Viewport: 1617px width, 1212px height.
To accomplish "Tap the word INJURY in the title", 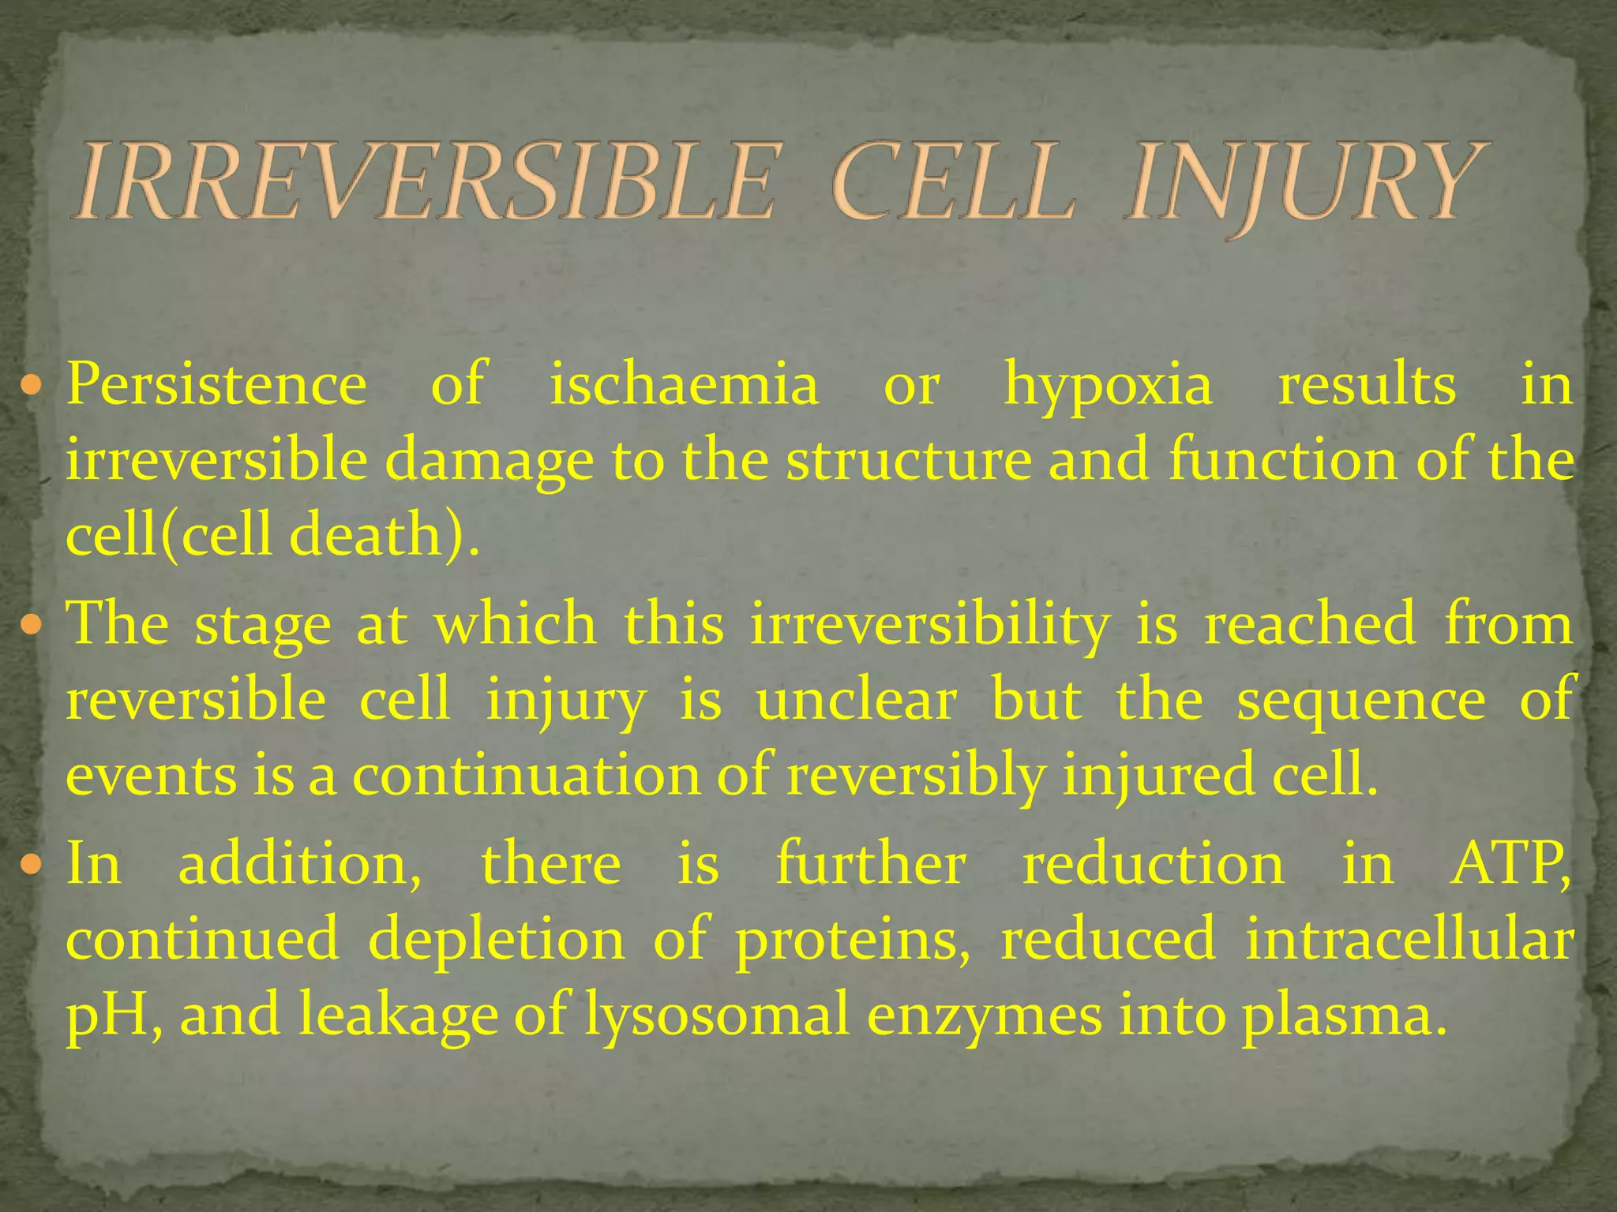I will (x=1307, y=183).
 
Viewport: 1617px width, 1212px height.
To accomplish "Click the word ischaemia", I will (x=684, y=385).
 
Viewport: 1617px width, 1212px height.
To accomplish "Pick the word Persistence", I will (x=216, y=385).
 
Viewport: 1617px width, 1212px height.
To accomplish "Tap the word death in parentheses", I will (x=365, y=536).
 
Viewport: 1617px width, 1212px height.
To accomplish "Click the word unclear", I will (x=857, y=700).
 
